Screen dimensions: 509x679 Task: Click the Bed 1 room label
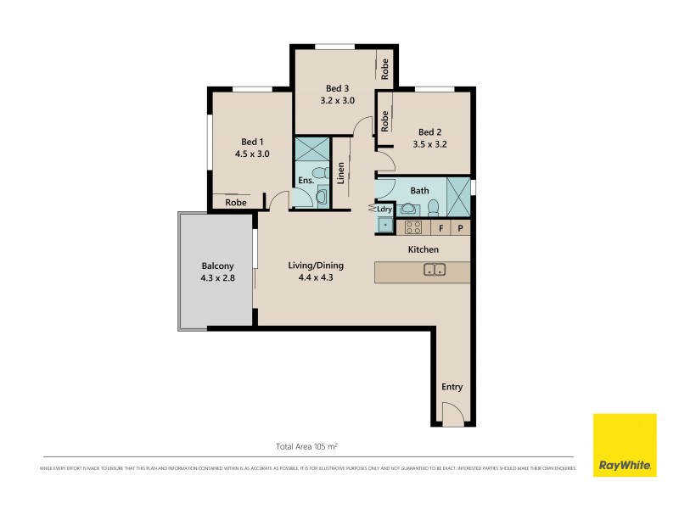tap(252, 148)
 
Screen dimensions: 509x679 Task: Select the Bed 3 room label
tap(337, 93)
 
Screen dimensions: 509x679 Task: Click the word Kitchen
tap(423, 249)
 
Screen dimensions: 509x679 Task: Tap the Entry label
tap(452, 387)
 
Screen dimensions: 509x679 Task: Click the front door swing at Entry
tap(453, 415)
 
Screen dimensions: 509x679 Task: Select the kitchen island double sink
tap(435, 271)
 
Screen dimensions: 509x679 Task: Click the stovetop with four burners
tap(412, 227)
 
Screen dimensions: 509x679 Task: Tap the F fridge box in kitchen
tap(441, 227)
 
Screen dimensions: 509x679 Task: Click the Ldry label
tap(384, 210)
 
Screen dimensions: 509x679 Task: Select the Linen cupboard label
tap(340, 173)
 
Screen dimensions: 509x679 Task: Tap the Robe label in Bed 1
tap(235, 203)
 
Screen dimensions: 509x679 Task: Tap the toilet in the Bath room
tap(433, 208)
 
